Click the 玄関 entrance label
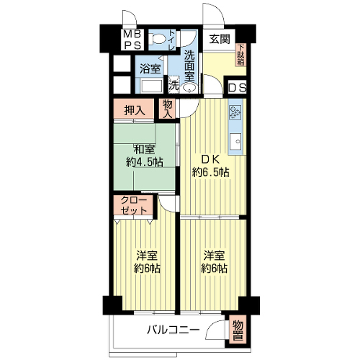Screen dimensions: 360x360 [220, 39]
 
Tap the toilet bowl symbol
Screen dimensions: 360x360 [156, 39]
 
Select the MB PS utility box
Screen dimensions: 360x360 [132, 40]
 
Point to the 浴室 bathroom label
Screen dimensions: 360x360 [150, 69]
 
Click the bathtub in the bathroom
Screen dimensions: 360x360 [151, 86]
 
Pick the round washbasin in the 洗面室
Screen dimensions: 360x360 [189, 88]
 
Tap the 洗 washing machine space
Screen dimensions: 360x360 [174, 84]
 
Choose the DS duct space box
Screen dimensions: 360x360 [237, 88]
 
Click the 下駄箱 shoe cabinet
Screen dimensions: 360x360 [241, 55]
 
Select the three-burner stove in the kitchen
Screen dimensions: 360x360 [235, 113]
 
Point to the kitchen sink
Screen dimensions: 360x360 [235, 141]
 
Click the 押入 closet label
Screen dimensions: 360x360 [135, 111]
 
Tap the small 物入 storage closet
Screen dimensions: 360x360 [168, 109]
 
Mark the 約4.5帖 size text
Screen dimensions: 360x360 [145, 163]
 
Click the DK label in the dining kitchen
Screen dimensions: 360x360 [210, 159]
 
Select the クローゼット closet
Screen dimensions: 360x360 [133, 205]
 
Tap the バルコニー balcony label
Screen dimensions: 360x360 [174, 330]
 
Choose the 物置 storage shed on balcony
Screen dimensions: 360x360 [238, 331]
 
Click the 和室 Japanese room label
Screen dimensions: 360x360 [144, 150]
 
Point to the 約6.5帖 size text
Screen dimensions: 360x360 [210, 172]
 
